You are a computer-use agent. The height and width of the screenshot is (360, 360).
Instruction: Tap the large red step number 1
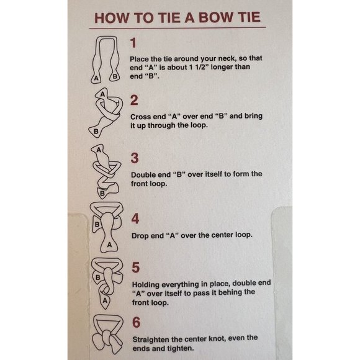point(133,43)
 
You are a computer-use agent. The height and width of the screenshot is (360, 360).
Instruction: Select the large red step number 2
point(134,101)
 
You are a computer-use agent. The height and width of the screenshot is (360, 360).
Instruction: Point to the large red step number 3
point(135,158)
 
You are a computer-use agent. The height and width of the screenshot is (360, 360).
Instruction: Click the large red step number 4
point(135,218)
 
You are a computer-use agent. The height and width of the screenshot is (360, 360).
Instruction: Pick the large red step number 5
point(136,268)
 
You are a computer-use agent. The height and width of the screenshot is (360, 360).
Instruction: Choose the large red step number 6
point(137,322)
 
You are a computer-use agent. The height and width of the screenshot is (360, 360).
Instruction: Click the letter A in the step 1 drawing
point(96,78)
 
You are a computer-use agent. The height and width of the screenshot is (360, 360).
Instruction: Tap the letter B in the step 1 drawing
point(115,76)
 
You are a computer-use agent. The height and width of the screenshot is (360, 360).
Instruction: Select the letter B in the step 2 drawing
point(96,132)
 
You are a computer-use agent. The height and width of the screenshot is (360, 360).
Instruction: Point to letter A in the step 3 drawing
point(99,150)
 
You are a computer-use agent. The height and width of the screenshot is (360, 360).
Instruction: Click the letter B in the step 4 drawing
point(97,224)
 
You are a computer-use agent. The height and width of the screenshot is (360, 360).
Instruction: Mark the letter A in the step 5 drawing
point(105,300)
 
